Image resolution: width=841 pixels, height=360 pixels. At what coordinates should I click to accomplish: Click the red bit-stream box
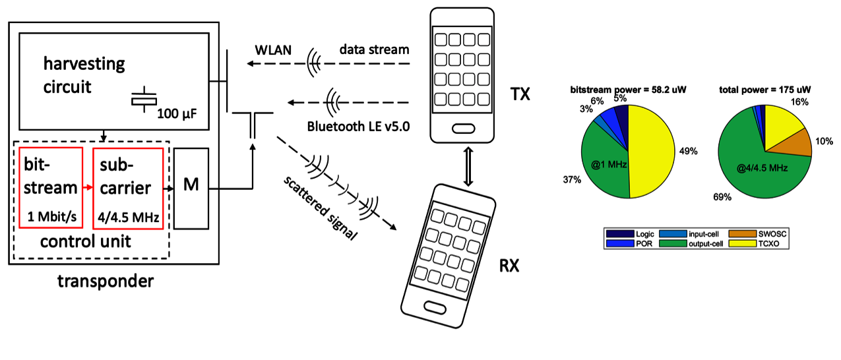point(50,187)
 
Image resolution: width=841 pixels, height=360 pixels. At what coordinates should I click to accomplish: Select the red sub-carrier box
point(128,187)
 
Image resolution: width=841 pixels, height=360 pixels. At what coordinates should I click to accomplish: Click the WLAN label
point(271,50)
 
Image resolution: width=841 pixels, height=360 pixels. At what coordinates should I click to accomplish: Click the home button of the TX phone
point(462,126)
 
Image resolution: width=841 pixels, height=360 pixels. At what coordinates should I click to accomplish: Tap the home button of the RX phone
point(439,308)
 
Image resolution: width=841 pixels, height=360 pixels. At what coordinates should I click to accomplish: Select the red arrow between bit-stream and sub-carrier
point(87,188)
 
